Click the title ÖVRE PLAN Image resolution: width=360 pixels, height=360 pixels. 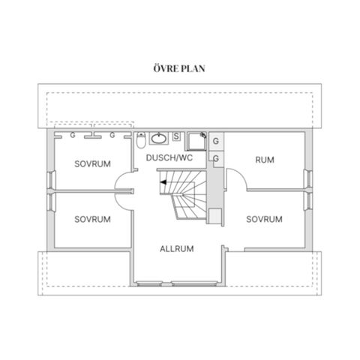[178, 67]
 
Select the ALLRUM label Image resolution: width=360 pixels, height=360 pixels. [177, 248]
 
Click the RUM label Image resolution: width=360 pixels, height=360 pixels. [264, 160]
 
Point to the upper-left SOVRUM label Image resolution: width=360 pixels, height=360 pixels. [92, 163]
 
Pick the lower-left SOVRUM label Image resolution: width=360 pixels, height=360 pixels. [92, 220]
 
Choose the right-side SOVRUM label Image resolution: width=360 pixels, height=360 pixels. [264, 220]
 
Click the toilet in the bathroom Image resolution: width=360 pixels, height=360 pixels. [142, 141]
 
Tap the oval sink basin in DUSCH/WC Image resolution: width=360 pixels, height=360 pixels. [159, 138]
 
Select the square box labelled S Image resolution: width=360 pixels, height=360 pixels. [175, 136]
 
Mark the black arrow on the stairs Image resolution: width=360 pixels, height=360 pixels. [162, 181]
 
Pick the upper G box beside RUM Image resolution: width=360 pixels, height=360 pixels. [216, 142]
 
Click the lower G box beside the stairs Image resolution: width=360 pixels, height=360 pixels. [216, 159]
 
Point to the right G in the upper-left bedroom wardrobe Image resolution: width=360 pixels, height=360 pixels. [112, 136]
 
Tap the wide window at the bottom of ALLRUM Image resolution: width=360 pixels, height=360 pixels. [178, 283]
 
